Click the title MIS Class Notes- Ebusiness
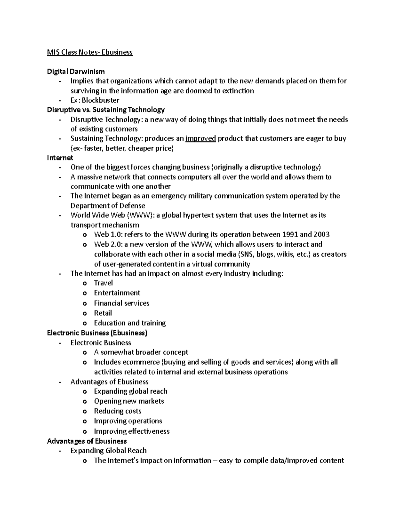pyautogui.click(x=90, y=52)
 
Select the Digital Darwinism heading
pyautogui.click(x=76, y=71)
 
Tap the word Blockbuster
pyautogui.click(x=101, y=100)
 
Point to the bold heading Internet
pyautogui.click(x=60, y=157)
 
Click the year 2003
pyautogui.click(x=321, y=234)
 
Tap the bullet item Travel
pyautogui.click(x=103, y=283)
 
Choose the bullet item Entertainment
pyautogui.click(x=117, y=293)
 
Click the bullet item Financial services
pyautogui.click(x=121, y=303)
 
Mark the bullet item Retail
pyautogui.click(x=103, y=313)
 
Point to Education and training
pyautogui.click(x=130, y=323)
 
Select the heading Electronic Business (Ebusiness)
pyautogui.click(x=97, y=333)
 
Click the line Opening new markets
pyautogui.click(x=129, y=401)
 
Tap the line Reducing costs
pyautogui.click(x=117, y=411)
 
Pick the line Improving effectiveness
pyautogui.click(x=132, y=431)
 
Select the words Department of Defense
pyautogui.click(x=108, y=205)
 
